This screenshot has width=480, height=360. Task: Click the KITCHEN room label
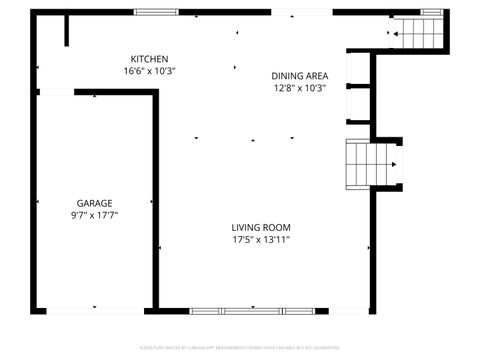pos(149,59)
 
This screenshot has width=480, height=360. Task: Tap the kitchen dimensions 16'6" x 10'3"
pos(149,71)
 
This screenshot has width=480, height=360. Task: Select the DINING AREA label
pos(299,76)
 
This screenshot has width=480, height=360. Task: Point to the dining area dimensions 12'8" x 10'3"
pos(299,88)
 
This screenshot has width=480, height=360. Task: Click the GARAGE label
pos(94,203)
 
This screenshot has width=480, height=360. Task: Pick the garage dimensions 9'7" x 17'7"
pos(94,215)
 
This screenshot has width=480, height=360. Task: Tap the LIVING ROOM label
pos(261,227)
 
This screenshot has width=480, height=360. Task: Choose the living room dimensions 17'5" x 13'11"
pos(261,239)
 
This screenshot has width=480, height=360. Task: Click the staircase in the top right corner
pos(419,34)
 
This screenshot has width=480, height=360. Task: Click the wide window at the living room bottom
pos(250,310)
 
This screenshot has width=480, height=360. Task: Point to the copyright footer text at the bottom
pos(240,348)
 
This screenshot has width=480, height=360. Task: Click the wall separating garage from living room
pos(155,200)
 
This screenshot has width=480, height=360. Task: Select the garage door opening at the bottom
pos(94,310)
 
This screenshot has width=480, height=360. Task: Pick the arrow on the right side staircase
pos(396,165)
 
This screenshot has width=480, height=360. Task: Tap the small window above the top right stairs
pos(432,12)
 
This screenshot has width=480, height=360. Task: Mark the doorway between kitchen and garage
pos(56,92)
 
